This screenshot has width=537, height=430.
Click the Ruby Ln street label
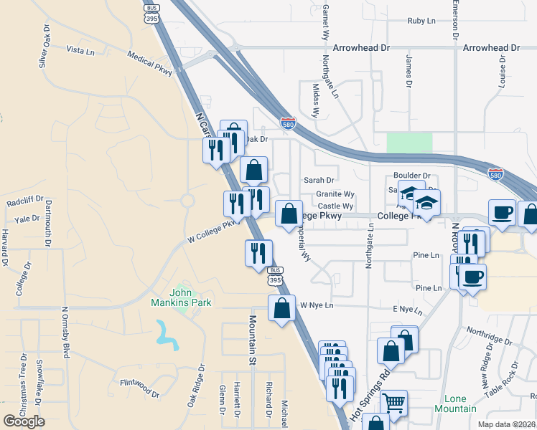[421, 21]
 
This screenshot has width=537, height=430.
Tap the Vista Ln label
[80, 52]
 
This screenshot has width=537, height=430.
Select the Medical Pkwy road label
[150, 64]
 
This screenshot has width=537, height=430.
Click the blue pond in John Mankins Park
[168, 335]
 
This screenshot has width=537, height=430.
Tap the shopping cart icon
[393, 403]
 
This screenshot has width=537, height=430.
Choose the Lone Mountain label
[455, 403]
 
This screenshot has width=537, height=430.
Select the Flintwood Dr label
[139, 388]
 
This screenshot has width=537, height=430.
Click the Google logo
[24, 421]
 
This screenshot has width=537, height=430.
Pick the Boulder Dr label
[411, 175]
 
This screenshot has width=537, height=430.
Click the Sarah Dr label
[319, 181]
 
